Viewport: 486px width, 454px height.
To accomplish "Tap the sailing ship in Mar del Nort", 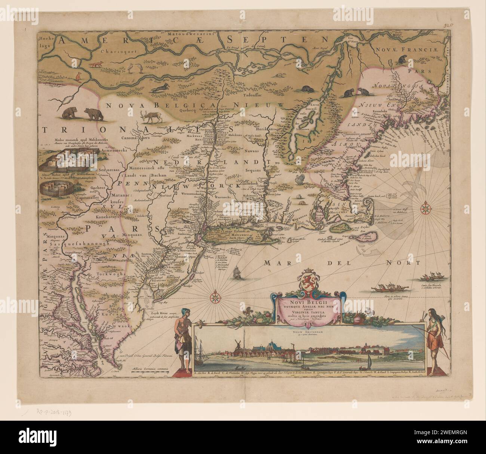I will click(238, 272).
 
